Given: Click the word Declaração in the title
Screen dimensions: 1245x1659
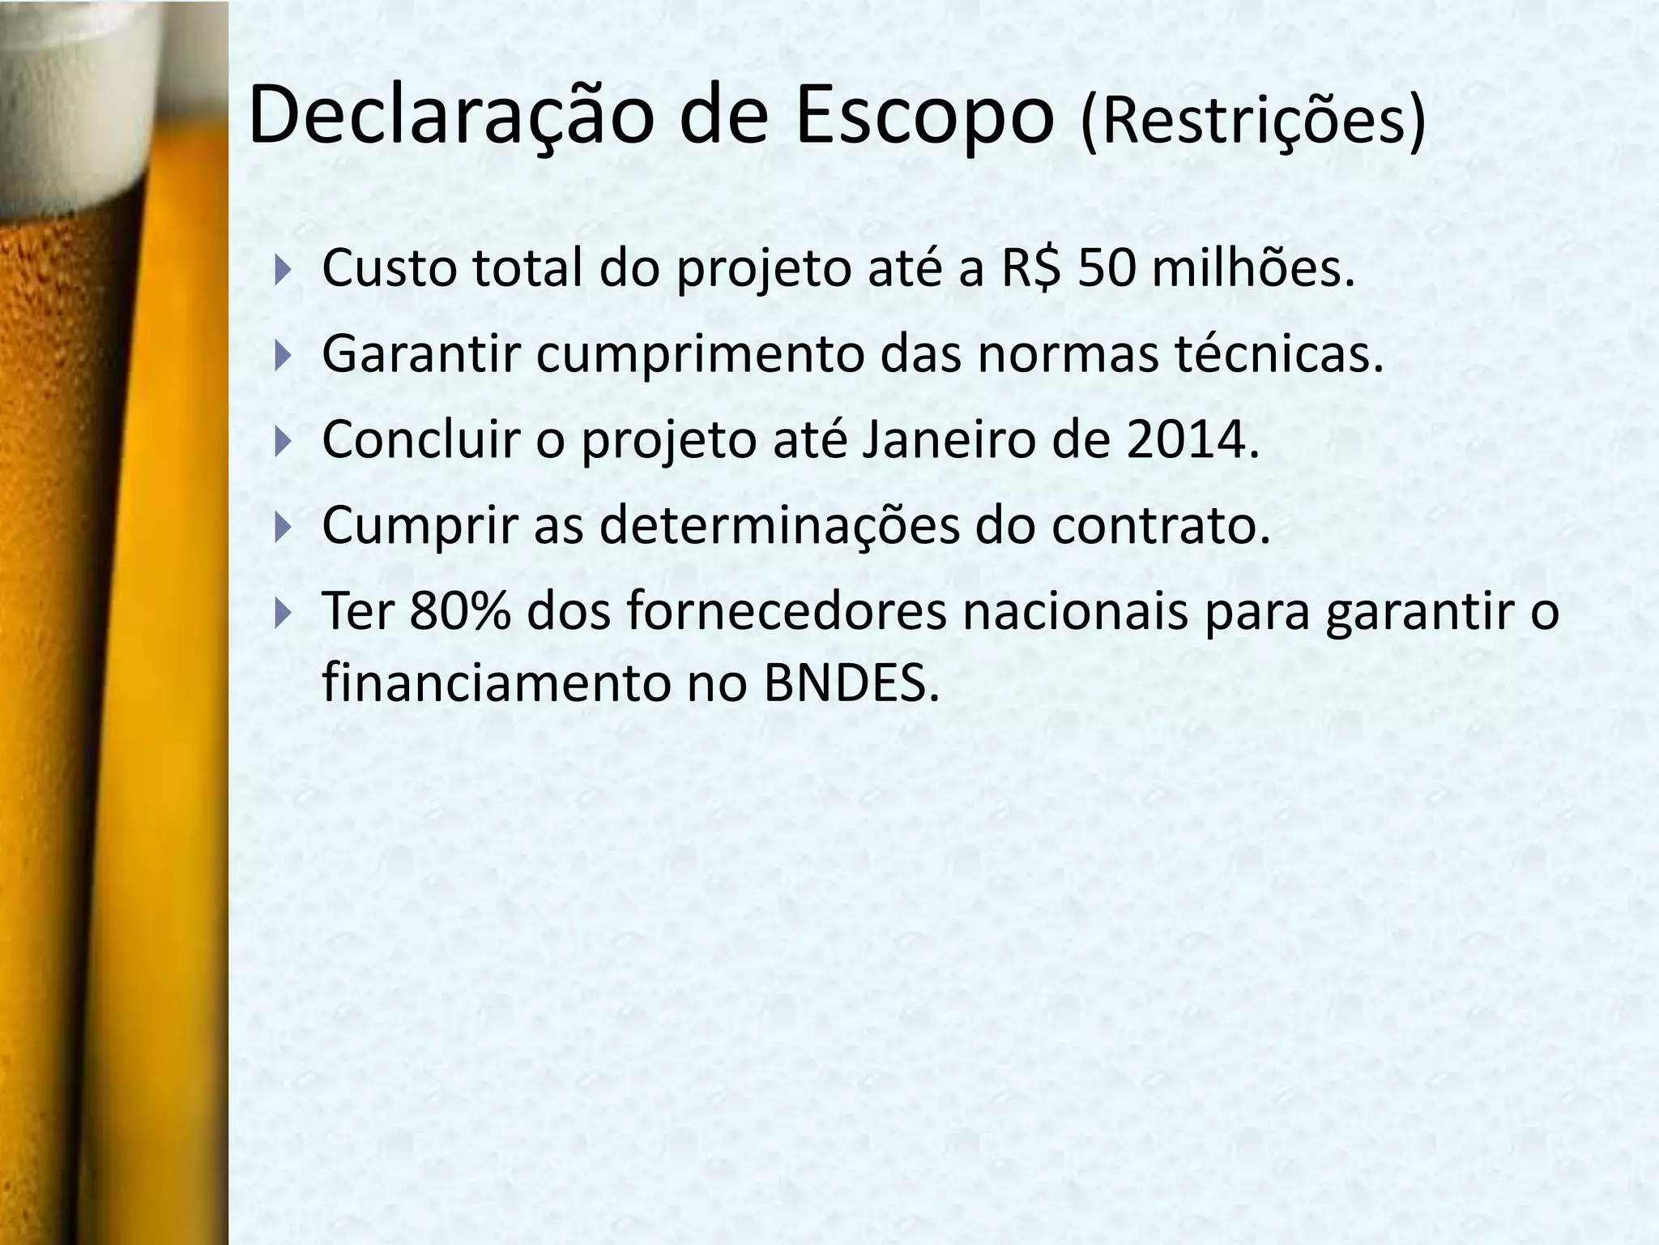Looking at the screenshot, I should click(450, 118).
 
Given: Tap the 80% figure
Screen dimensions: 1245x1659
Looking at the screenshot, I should click(461, 611).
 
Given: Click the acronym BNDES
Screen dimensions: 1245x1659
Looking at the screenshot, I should click(851, 684).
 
